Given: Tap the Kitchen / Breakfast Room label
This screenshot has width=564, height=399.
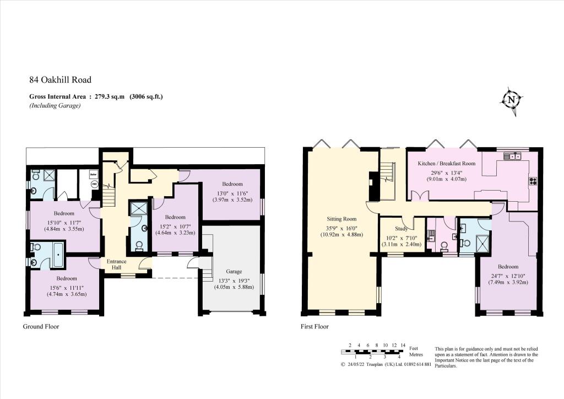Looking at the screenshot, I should pyautogui.click(x=446, y=163).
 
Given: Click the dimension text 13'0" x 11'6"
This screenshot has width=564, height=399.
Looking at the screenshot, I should pyautogui.click(x=232, y=193).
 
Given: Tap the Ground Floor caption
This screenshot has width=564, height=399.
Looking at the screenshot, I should pyautogui.click(x=41, y=326).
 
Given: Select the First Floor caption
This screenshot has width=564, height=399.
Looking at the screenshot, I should pyautogui.click(x=314, y=326).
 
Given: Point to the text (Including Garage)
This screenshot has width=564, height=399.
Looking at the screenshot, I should pyautogui.click(x=55, y=105).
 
